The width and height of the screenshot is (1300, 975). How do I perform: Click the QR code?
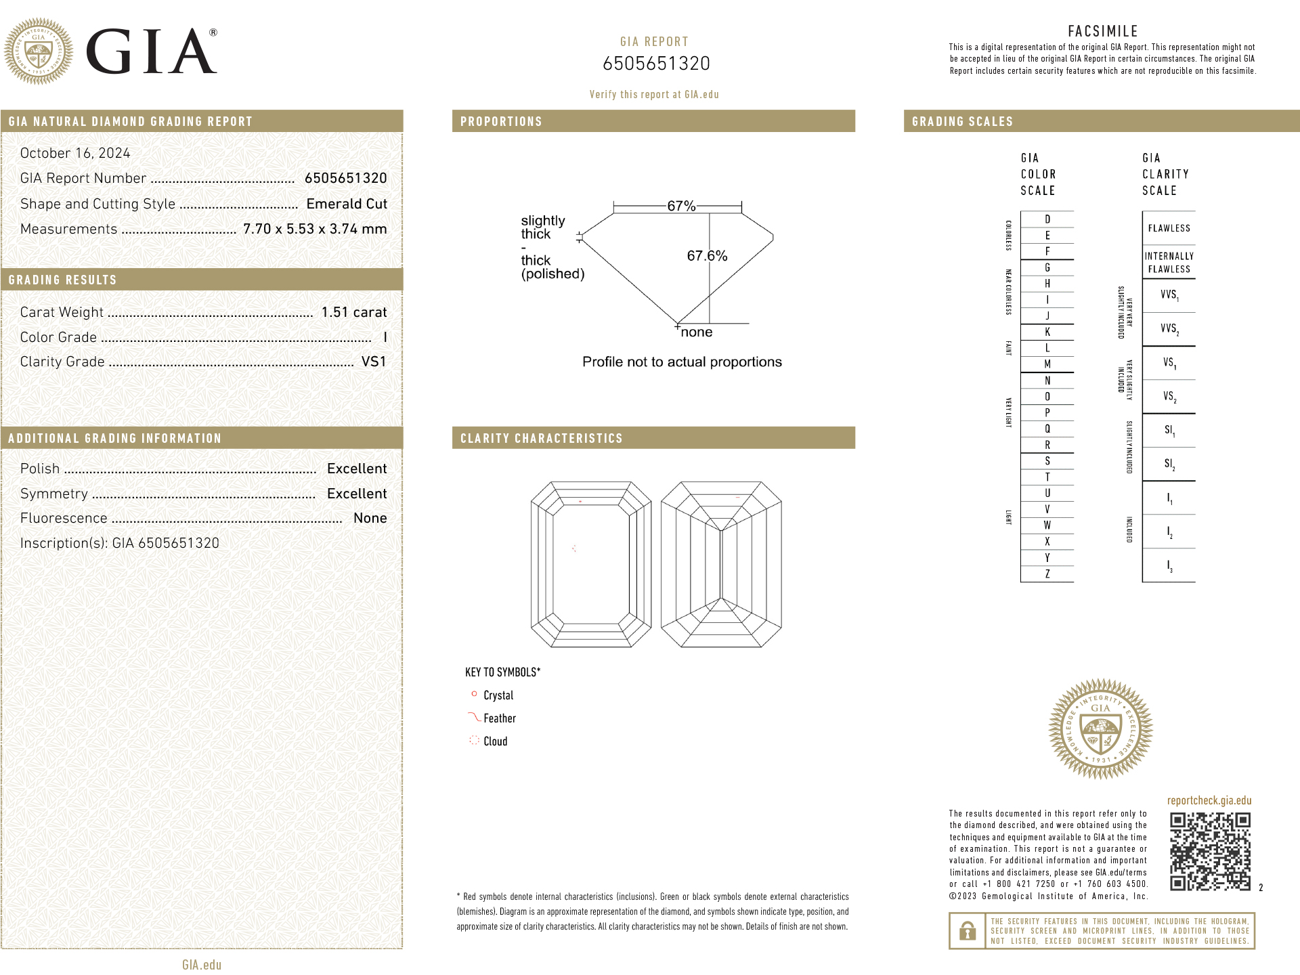[1210, 851]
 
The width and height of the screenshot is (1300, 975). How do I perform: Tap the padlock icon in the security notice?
[968, 932]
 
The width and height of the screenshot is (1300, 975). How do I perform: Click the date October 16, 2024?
[75, 153]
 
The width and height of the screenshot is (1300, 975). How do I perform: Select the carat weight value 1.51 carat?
[354, 312]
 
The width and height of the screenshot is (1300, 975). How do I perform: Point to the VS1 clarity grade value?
[374, 362]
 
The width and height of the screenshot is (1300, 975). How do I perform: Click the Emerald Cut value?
[347, 204]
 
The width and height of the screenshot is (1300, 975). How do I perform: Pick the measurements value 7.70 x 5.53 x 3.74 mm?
[315, 229]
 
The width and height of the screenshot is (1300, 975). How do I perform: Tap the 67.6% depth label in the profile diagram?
[707, 256]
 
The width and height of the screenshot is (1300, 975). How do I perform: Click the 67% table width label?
[681, 206]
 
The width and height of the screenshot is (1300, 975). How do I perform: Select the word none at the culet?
[697, 332]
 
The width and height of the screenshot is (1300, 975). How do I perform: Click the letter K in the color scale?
[1047, 332]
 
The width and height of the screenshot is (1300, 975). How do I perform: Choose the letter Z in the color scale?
[1047, 574]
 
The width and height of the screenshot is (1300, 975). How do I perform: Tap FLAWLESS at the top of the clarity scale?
[1169, 228]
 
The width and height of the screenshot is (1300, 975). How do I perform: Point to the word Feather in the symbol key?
[500, 718]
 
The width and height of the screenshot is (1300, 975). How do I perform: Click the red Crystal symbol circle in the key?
[474, 694]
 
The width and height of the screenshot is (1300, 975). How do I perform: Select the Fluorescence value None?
[370, 518]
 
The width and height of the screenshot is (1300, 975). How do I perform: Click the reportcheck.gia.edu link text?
[1209, 800]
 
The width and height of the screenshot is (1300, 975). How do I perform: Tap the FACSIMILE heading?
[1103, 31]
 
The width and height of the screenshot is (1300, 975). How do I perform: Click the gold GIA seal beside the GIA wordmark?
[39, 51]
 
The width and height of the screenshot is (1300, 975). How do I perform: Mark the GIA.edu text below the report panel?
[202, 965]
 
